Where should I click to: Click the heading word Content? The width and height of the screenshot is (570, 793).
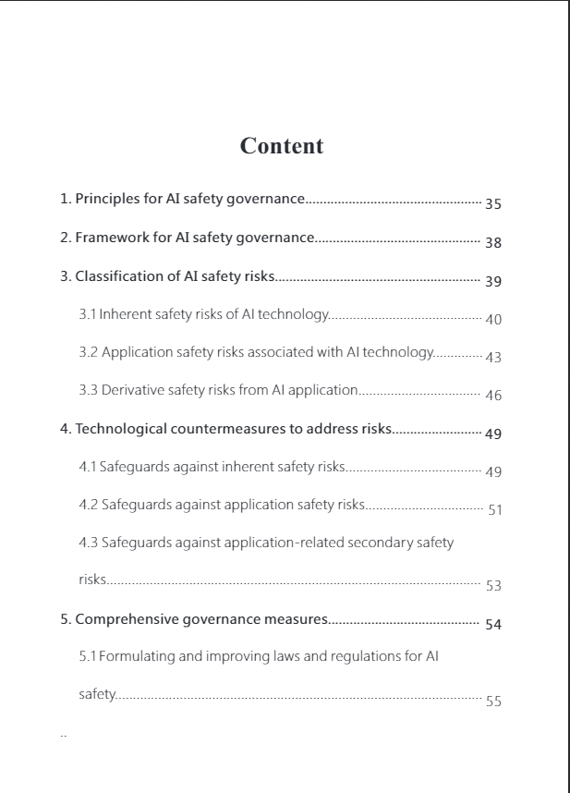click(282, 146)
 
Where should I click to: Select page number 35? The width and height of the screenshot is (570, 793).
click(493, 204)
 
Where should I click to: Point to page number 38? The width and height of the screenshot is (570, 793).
click(493, 243)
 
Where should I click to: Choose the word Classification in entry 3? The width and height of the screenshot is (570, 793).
click(115, 275)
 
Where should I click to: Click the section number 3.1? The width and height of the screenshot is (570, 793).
click(88, 314)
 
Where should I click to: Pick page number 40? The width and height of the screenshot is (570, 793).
click(493, 320)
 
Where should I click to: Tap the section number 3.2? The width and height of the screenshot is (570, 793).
click(88, 352)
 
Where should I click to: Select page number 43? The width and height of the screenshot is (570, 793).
click(493, 358)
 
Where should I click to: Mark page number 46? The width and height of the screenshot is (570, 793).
click(493, 396)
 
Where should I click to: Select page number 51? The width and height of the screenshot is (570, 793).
click(494, 510)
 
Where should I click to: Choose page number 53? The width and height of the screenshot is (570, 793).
click(493, 586)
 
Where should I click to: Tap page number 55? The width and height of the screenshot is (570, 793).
click(493, 701)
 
